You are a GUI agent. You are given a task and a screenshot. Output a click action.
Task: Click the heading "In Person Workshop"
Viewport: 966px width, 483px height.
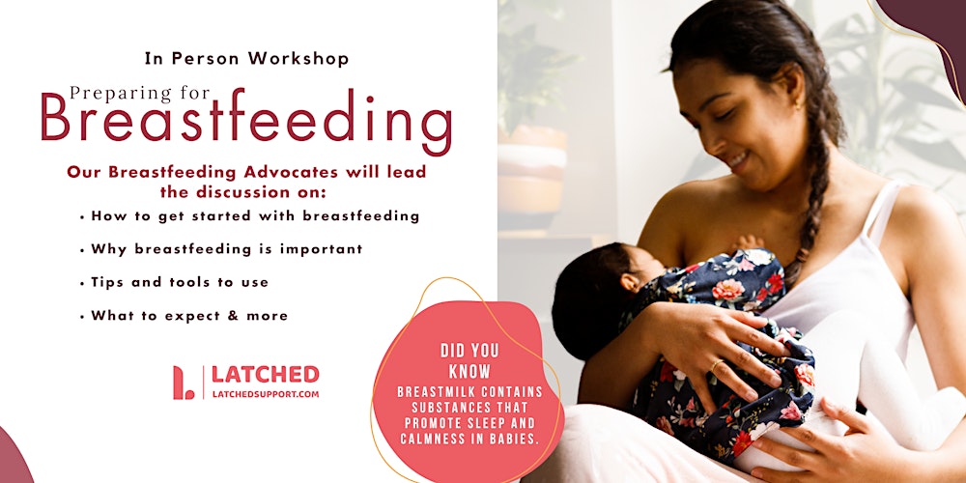coord(246,58)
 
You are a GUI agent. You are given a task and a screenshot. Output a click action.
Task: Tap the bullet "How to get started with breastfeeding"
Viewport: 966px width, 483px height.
coord(255,215)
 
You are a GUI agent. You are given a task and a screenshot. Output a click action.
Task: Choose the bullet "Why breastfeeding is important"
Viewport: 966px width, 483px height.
coord(227,249)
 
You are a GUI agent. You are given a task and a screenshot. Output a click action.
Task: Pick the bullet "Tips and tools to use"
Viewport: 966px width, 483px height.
coord(180,282)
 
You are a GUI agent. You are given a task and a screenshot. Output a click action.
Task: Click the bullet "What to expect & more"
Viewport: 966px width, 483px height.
coord(189,315)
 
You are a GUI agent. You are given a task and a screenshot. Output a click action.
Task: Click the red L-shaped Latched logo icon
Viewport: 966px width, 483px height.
coord(183,383)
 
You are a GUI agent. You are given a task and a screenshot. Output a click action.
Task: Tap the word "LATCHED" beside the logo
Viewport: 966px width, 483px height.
coord(265,375)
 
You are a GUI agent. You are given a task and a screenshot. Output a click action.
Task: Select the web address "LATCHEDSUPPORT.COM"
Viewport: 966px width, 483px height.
coord(265,394)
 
